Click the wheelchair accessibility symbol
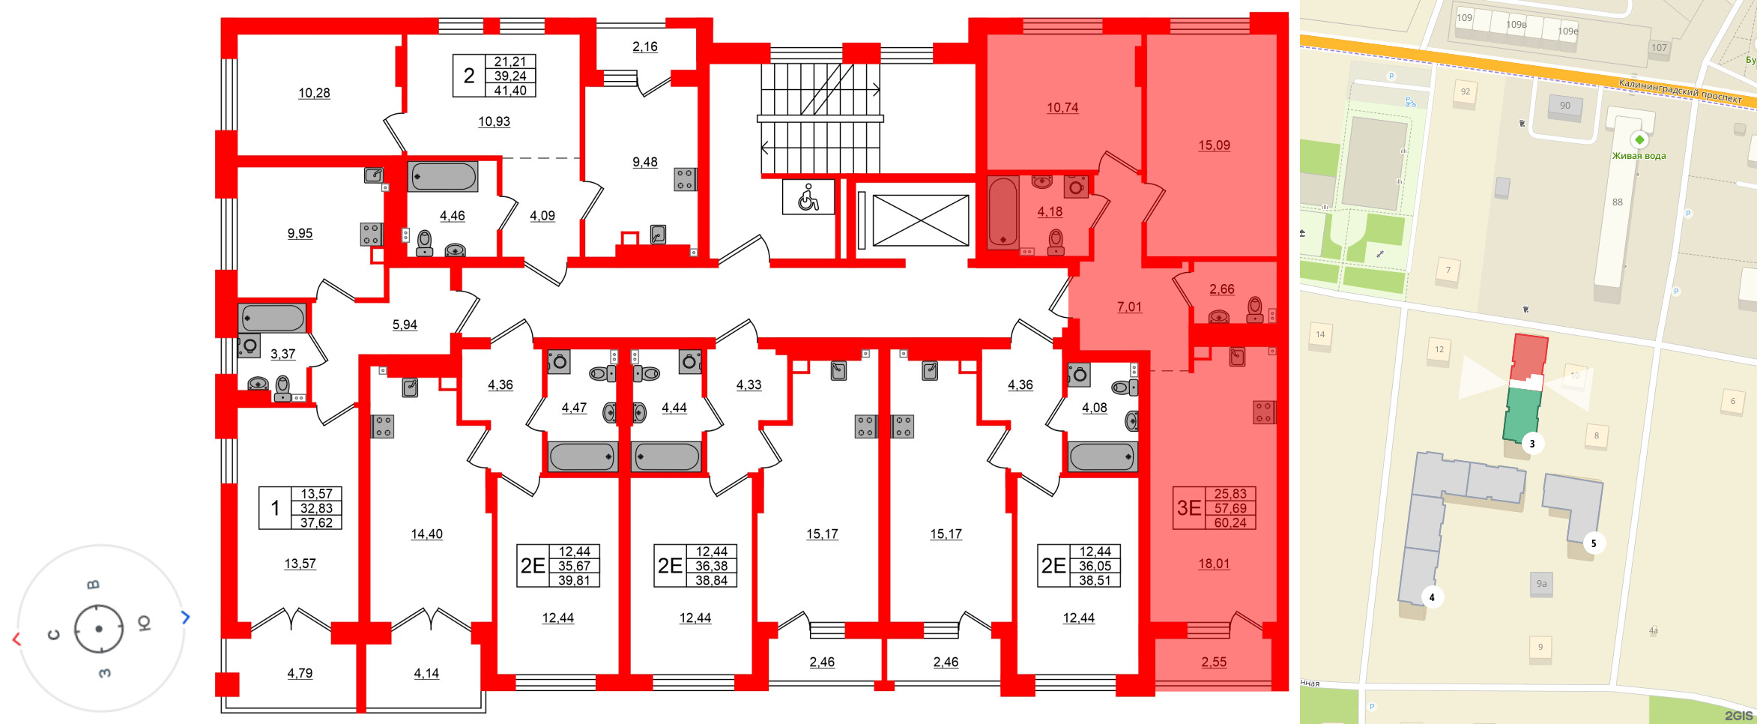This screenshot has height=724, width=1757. [x=808, y=197]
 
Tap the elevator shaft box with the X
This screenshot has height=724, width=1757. [x=920, y=220]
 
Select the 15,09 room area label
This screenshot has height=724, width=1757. [x=1214, y=145]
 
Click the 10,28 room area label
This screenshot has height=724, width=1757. [x=314, y=93]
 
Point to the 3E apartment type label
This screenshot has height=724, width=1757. [x=1188, y=508]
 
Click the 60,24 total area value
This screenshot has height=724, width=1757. [x=1230, y=522]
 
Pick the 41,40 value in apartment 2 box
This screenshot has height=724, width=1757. [x=510, y=91]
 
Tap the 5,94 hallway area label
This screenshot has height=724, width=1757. [x=405, y=325]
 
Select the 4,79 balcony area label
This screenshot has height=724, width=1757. [x=300, y=673]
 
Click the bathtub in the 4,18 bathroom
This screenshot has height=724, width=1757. [x=1003, y=212]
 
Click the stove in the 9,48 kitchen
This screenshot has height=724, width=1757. [x=685, y=179]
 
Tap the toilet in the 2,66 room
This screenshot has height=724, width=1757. [x=1254, y=309]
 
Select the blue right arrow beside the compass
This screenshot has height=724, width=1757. [x=186, y=617]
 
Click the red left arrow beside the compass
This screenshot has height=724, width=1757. [x=16, y=639]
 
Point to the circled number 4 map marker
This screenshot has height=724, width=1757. [x=1432, y=597]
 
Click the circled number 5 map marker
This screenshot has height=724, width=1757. [x=1594, y=543]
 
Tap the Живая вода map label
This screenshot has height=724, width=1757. [x=1639, y=155]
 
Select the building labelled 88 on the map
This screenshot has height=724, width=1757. [x=1617, y=202]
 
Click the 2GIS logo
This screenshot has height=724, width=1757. [x=1738, y=716]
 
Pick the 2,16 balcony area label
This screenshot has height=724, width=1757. [x=644, y=46]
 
